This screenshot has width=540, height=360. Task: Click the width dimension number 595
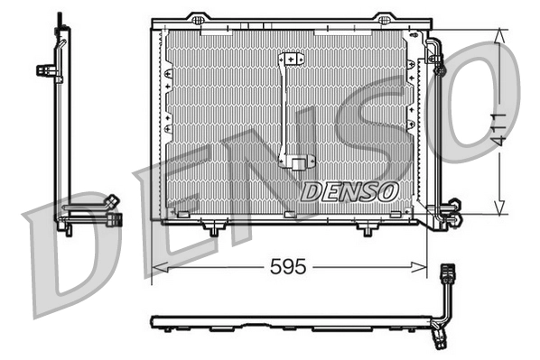tap(289, 266)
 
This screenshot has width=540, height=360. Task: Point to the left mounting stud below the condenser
tap(213, 230)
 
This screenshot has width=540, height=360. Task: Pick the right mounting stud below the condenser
tap(366, 230)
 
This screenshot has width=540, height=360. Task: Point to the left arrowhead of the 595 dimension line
tap(156, 266)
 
